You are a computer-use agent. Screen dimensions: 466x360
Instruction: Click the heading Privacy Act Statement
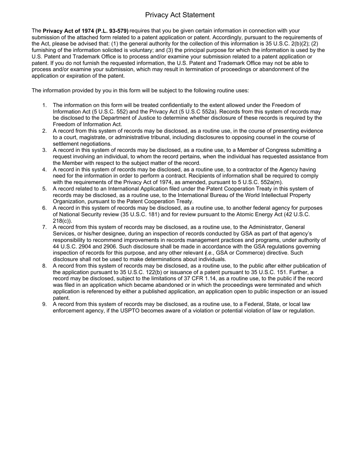pos(180,15)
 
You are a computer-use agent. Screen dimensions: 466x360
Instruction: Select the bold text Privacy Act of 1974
pos(69,31)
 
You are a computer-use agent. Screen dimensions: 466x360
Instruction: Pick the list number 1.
pos(44,105)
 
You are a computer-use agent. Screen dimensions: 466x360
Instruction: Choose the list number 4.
pos(44,169)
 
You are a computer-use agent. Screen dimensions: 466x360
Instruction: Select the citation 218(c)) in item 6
pos(62,221)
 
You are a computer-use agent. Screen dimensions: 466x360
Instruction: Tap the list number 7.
pos(44,227)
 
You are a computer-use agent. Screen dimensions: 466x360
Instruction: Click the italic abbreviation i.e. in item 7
pos(209,253)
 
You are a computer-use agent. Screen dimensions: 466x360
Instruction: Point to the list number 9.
pos(44,305)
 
